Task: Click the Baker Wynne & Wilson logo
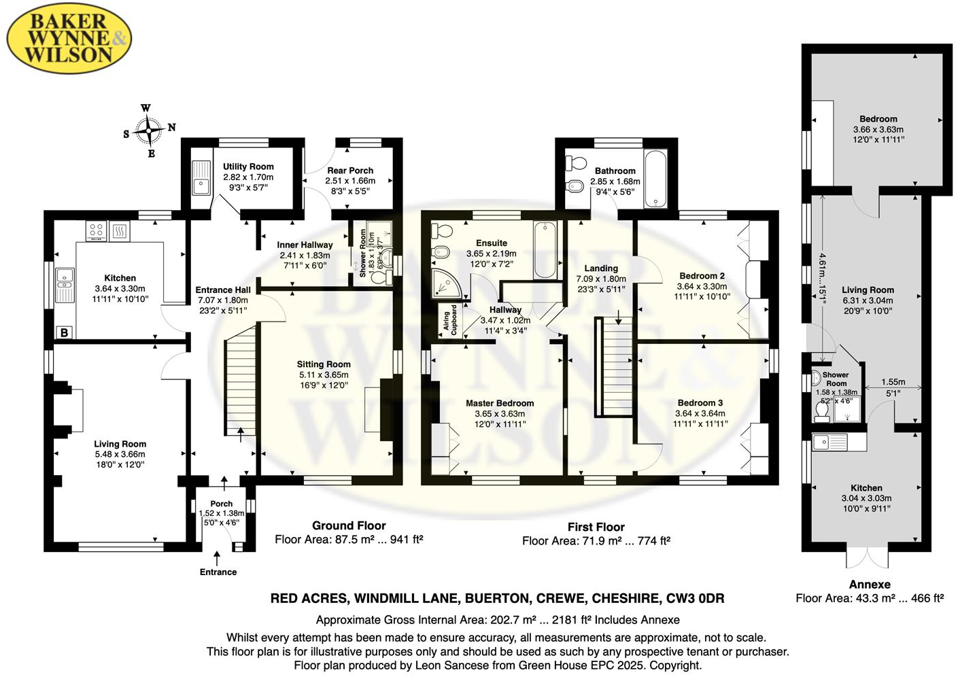(x=68, y=38)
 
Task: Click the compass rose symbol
(x=148, y=131)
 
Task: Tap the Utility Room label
(x=248, y=167)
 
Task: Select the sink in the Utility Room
(x=201, y=178)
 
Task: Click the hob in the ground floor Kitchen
(x=97, y=230)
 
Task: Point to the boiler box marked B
(x=65, y=332)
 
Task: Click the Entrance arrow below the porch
(x=217, y=559)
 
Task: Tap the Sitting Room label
(x=324, y=364)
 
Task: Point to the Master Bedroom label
(x=500, y=403)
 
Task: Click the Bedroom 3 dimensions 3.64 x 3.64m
(x=700, y=413)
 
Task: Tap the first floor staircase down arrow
(x=619, y=317)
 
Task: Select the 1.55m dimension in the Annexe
(x=893, y=382)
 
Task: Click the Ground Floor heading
(x=349, y=525)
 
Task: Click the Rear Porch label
(x=350, y=171)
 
